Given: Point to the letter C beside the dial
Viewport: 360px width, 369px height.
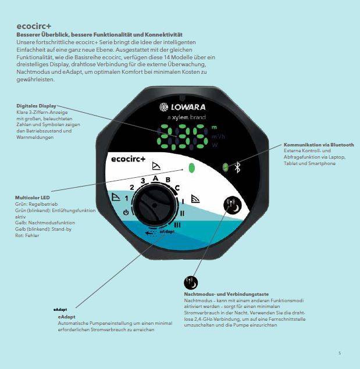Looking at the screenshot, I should [177, 187].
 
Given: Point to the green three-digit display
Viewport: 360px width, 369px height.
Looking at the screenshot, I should [180, 138].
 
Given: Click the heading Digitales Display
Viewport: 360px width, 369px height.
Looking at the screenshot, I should [36, 105].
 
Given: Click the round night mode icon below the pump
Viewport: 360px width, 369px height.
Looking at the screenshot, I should [191, 282].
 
